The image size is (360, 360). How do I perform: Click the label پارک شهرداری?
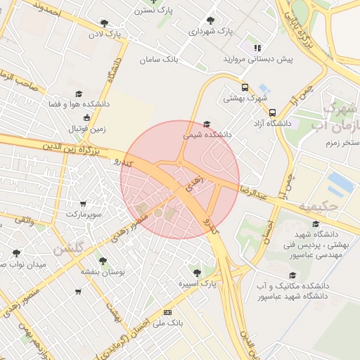pos(211,32)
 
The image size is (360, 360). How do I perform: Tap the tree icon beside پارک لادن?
pos(105,23)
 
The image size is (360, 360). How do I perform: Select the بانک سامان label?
pos(160,60)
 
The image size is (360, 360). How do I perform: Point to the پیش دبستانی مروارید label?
pos(258,60)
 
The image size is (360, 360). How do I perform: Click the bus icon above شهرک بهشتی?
pos(245,88)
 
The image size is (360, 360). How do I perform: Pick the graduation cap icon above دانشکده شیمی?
pos(205,121)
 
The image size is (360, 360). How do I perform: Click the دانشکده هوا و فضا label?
pos(78,104)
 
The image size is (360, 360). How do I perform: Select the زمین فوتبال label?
pos(86,129)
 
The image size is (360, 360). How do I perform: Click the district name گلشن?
pos(69,248)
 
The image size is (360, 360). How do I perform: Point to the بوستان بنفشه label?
pos(103,271)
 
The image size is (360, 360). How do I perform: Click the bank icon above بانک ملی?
pos(167,311)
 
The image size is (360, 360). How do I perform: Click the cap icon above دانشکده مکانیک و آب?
pos(292,276)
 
